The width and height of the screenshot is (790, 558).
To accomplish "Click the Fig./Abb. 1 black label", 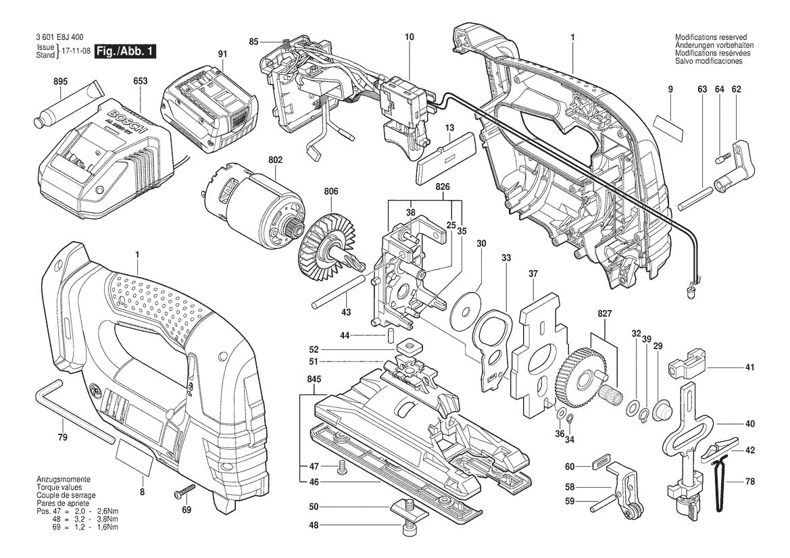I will coord(125,51).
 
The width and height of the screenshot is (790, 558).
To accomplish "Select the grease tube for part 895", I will coord(66,106).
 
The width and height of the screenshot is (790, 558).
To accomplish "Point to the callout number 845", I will coord(314,380).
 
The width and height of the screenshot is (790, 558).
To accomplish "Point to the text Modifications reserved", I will coord(710,38).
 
